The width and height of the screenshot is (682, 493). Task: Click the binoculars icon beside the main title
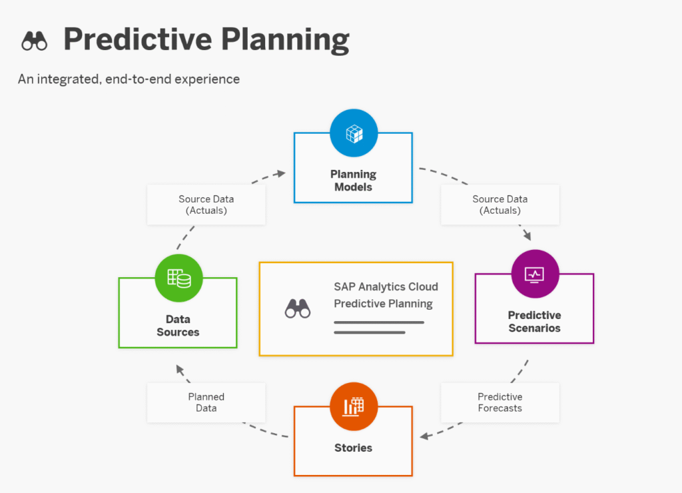coord(35,41)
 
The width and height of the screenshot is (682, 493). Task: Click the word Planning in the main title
coord(285,40)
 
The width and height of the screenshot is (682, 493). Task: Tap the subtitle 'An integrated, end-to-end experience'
coord(129,79)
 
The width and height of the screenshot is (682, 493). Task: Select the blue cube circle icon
coord(354,133)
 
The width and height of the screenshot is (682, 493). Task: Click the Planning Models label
coord(353,181)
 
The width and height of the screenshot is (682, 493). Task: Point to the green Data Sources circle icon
coord(178,278)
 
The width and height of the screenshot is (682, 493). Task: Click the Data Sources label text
coord(178,326)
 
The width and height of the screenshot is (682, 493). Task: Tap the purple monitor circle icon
coord(535,274)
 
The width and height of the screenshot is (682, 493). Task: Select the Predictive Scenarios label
coord(535,322)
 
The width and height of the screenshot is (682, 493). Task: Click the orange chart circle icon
coord(354,406)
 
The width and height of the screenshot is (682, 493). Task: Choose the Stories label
coord(353,448)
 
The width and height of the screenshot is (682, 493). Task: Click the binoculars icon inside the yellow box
coord(298,308)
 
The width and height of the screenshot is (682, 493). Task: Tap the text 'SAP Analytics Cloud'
coord(386,286)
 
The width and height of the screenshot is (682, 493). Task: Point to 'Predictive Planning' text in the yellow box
coord(383,304)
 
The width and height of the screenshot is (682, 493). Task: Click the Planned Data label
coord(206,402)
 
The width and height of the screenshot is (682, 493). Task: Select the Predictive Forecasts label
coord(500,402)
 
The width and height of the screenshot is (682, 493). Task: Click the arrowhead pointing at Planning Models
coord(282,174)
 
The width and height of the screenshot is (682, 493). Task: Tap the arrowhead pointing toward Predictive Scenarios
coord(527,236)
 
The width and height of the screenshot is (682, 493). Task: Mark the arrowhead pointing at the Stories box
coord(424,436)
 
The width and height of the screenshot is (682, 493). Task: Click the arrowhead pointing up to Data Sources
coord(180,370)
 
